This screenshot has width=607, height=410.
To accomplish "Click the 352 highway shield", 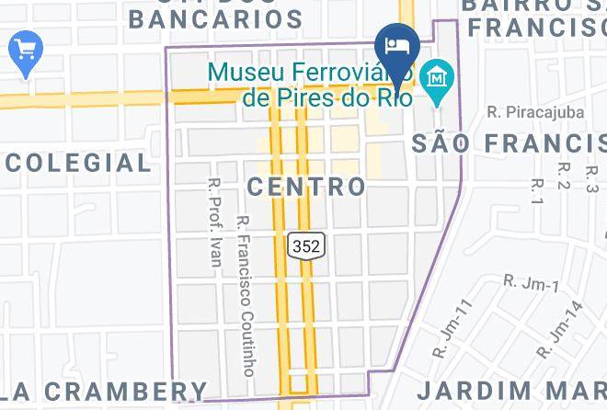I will pos(306,245).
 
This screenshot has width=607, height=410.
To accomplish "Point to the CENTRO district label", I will pos(306,188).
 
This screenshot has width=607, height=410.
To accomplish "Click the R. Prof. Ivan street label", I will pos(214,221).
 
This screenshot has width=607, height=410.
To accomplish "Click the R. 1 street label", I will pos(538,190).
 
